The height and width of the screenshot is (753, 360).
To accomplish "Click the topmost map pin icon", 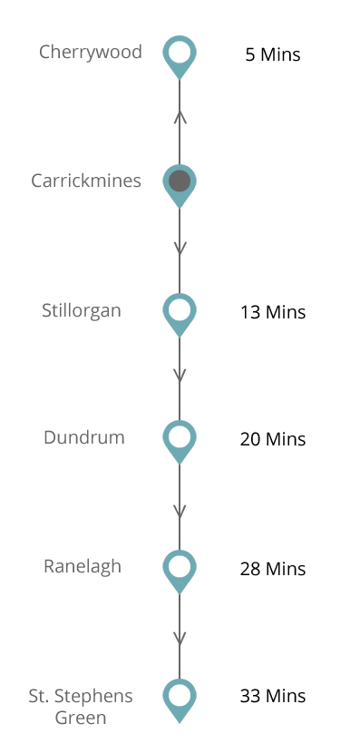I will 180,57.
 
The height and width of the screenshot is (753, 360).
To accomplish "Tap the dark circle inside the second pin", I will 180,181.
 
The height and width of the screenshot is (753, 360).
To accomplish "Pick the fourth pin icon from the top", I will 180,442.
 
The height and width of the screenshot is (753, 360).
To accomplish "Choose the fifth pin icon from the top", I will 180,572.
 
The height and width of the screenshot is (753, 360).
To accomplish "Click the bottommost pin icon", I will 180,700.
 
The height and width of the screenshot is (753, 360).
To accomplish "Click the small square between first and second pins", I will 180,117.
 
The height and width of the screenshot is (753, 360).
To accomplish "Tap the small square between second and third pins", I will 180,248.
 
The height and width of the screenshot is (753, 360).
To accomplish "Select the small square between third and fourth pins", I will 180,375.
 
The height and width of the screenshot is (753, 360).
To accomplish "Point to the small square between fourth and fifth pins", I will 180,511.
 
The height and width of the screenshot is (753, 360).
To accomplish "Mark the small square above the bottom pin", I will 180,638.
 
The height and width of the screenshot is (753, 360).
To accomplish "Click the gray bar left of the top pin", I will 91,53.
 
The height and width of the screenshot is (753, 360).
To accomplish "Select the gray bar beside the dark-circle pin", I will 86,180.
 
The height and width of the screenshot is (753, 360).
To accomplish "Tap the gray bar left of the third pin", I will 82,311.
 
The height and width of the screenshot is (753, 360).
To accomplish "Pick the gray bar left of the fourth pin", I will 84,436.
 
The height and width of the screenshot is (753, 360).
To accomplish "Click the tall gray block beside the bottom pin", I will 81,706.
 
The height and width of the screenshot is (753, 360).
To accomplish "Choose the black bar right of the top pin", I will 273,54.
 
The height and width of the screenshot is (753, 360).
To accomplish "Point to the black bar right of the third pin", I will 273,312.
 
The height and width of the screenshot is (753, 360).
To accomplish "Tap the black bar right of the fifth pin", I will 273,569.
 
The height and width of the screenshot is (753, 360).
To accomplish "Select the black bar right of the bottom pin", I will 273,696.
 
